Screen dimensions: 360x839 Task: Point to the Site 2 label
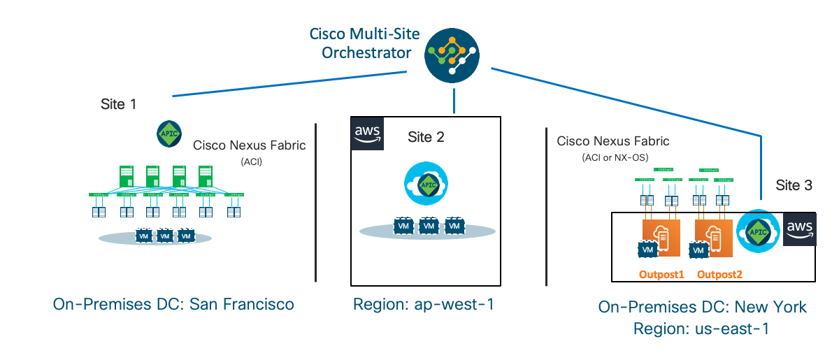[426, 137]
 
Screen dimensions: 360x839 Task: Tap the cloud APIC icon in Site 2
[425, 185]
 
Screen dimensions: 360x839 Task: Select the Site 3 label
[794, 185]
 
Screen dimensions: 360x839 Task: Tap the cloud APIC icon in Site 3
[756, 230]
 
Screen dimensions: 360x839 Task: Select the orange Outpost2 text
[720, 274]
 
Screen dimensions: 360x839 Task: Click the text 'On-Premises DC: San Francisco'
[173, 304]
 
